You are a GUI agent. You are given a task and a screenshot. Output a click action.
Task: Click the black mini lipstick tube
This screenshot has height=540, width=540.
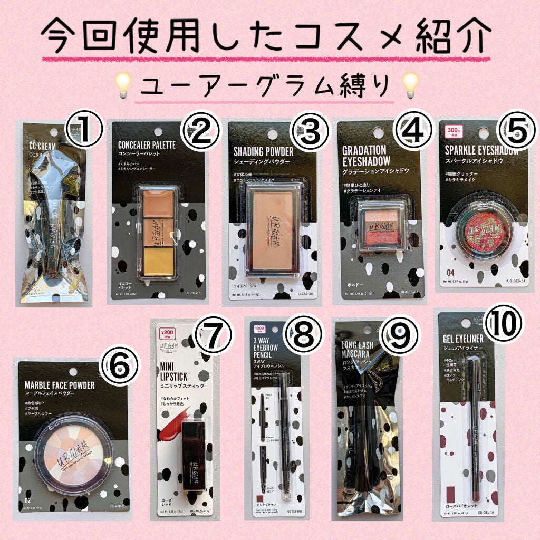[194, 457]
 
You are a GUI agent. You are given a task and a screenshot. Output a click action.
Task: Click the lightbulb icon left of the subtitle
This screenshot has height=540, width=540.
[123, 85]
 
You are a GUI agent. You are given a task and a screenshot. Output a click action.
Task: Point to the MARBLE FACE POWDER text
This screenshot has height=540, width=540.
[60, 385]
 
